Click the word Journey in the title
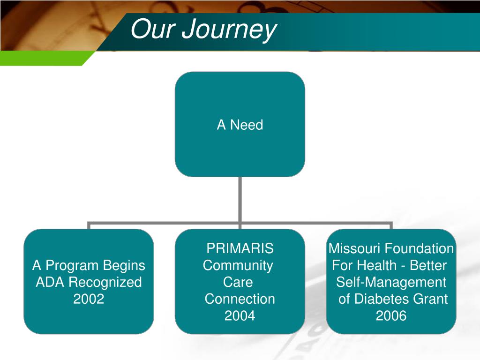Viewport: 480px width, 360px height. (x=228, y=30)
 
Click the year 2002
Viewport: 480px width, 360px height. (x=89, y=299)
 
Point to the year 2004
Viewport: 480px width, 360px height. (x=240, y=316)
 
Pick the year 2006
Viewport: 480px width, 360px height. (x=391, y=316)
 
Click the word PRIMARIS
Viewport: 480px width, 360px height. (x=240, y=248)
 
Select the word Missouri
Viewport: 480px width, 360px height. (x=355, y=248)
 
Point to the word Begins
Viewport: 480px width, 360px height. (x=125, y=266)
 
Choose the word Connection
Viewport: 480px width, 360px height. (x=240, y=299)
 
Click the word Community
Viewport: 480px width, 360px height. (x=238, y=266)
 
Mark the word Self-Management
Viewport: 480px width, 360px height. (x=391, y=282)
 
